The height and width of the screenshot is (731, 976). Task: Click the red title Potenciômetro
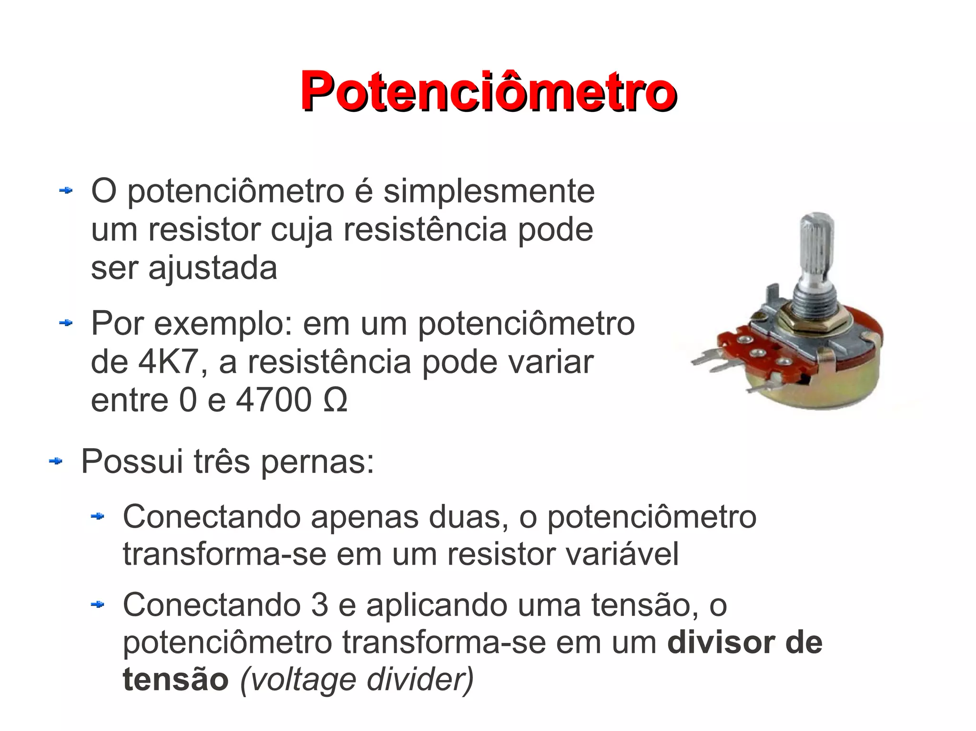pos(488,90)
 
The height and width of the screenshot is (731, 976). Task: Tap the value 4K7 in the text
pos(167,362)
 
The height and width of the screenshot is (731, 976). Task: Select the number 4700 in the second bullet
pos(274,400)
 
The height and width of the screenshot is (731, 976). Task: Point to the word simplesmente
pos(489,192)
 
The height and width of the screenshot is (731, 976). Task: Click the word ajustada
pos(213,269)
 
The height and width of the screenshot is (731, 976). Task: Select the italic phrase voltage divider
pos(357,680)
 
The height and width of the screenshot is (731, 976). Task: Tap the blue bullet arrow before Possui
pos(56,461)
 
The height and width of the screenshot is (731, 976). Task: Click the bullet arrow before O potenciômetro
pos(65,191)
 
